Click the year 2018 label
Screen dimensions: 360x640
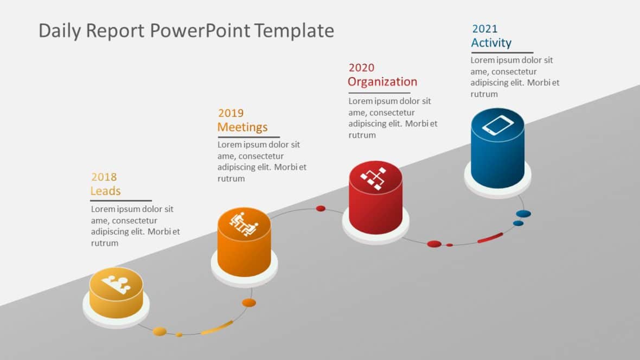pyautogui.click(x=104, y=177)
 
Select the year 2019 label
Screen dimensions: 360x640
pyautogui.click(x=231, y=113)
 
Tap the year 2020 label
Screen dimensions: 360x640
pyautogui.click(x=361, y=68)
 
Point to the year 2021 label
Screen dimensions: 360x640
pyautogui.click(x=484, y=29)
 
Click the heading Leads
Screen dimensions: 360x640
pyautogui.click(x=105, y=191)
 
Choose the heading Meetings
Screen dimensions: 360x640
pyautogui.click(x=242, y=127)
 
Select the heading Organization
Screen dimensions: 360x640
pyautogui.click(x=382, y=82)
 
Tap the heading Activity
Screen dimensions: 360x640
pyautogui.click(x=491, y=43)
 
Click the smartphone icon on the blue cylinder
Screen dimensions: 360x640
pyautogui.click(x=497, y=125)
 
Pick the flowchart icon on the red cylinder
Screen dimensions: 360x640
pyautogui.click(x=375, y=177)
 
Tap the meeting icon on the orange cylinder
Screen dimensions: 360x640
pyautogui.click(x=244, y=224)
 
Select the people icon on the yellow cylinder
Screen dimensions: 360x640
pyautogui.click(x=116, y=284)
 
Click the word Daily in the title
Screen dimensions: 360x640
pyautogui.click(x=60, y=31)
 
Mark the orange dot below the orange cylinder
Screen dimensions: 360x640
pyautogui.click(x=249, y=303)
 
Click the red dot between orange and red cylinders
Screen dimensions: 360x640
pyautogui.click(x=321, y=208)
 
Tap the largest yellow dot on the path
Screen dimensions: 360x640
pyautogui.click(x=159, y=331)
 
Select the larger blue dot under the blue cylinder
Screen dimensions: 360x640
pyautogui.click(x=523, y=214)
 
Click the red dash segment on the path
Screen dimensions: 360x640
pyautogui.click(x=490, y=237)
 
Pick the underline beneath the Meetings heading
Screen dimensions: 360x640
pyautogui.click(x=248, y=137)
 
